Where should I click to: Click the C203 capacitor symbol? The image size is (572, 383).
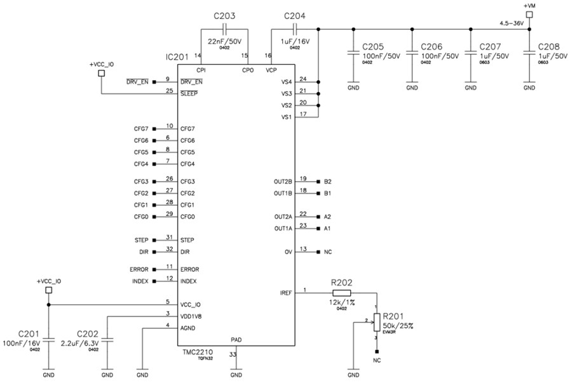pos(224,29)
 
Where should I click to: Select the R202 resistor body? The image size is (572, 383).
pos(341,292)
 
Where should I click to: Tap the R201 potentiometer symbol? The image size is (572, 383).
pos(376,323)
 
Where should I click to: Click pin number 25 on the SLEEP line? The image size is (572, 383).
pos(168,91)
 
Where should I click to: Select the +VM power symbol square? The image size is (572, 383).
pos(529,15)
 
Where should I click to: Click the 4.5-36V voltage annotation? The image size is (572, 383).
pos(512,22)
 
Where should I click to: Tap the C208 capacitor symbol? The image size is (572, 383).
pos(529,55)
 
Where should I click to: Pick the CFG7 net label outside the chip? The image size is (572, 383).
pos(140,129)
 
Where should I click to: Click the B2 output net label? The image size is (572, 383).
pos(328,181)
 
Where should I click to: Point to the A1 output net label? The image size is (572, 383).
pos(328,228)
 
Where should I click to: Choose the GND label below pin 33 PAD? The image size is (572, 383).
pos(235,375)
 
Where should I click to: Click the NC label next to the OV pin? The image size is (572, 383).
pos(328,252)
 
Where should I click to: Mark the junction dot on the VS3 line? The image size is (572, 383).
pos(317,94)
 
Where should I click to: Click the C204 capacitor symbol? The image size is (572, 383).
pos(294,29)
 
